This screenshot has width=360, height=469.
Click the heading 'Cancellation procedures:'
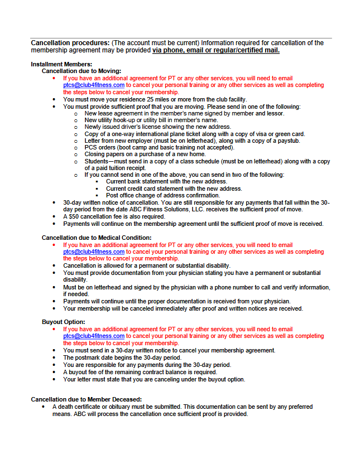pyautogui.click(x=70, y=43)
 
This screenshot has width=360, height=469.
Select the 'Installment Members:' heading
pyautogui.click(x=61, y=64)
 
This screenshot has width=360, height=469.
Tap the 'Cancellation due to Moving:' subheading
pyautogui.click(x=81, y=71)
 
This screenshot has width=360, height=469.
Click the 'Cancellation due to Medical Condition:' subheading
pyautogui.click(x=97, y=238)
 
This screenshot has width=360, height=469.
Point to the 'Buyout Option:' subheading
pyautogui.click(x=64, y=322)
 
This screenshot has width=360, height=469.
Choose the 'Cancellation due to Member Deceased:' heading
pyautogui.click(x=86, y=399)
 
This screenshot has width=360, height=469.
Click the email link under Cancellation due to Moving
pyautogui.click(x=94, y=85)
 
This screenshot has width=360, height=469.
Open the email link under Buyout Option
pyautogui.click(x=94, y=336)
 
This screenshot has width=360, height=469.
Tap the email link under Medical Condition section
pyautogui.click(x=94, y=252)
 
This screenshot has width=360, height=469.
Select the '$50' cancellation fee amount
pyautogui.click(x=74, y=217)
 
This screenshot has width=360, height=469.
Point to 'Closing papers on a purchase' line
pyautogui.click(x=145, y=154)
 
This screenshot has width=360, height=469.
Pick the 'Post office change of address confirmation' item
pyautogui.click(x=163, y=196)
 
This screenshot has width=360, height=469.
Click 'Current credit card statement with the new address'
pyautogui.click(x=174, y=189)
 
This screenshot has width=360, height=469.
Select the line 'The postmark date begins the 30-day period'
pyautogui.click(x=122, y=357)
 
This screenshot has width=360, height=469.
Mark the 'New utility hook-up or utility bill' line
pyautogui.click(x=151, y=120)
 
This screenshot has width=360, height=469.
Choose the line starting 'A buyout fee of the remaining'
pyautogui.click(x=140, y=372)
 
